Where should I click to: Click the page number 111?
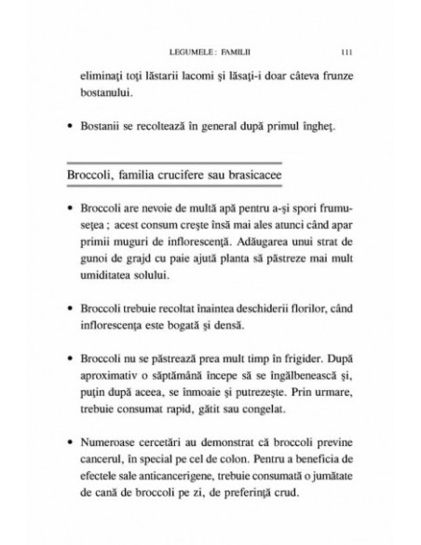coord(346,52)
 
